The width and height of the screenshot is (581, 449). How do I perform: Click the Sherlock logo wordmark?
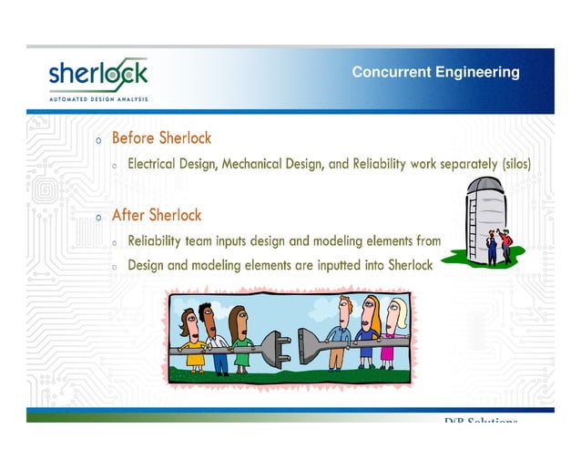click(97, 74)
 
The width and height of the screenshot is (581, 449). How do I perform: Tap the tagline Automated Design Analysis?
click(97, 97)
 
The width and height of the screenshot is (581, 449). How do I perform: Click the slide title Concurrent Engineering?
click(435, 72)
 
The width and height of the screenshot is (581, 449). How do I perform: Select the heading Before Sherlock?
click(161, 138)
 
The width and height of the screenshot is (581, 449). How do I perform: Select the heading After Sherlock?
click(157, 216)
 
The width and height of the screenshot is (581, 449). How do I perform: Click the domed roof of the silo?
click(485, 187)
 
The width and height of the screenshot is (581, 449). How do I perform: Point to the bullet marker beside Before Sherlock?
click(98, 140)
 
